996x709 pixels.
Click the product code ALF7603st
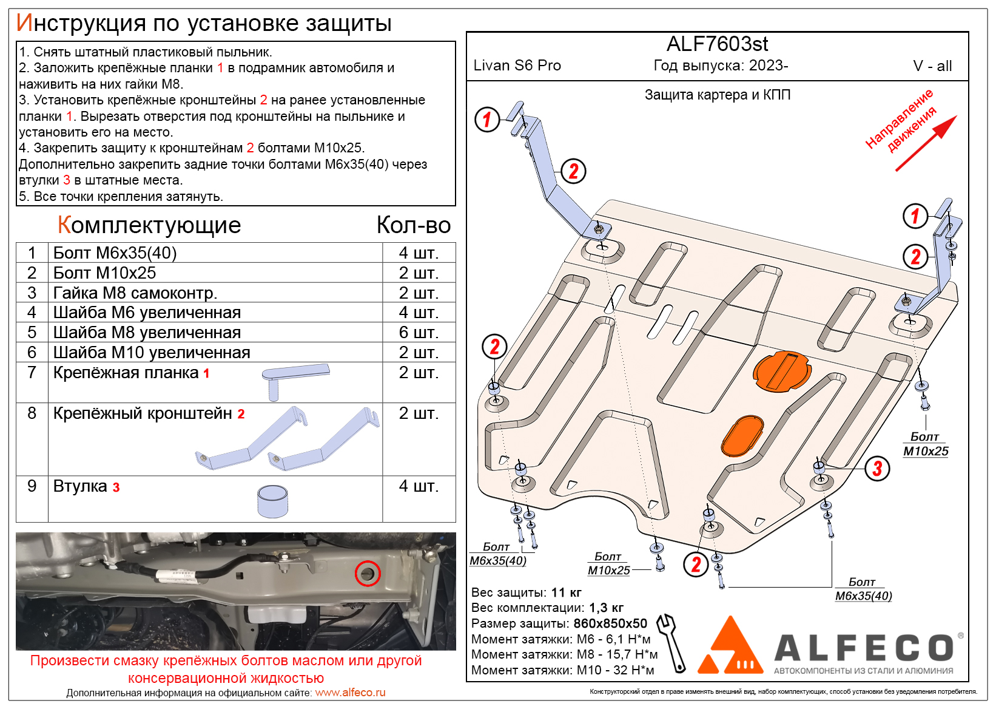pos(717,44)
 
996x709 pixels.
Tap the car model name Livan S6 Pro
pos(517,66)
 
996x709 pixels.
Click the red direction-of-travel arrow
pos(926,143)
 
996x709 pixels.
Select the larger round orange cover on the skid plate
pos(781,371)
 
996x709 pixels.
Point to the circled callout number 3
pos(877,468)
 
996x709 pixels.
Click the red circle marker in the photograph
pos(368,573)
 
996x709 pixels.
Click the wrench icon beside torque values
pos(672,642)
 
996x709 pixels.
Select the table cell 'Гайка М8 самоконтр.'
pos(135,293)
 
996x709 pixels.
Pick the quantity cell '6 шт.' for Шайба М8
pos(419,333)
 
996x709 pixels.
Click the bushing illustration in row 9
pos(272,501)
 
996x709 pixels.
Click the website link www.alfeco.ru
pos(350,693)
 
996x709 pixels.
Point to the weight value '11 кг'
pos(566,592)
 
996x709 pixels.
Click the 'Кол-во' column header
pos(413,225)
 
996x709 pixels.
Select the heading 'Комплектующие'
pos(149,225)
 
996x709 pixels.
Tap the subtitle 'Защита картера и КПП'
pos(717,95)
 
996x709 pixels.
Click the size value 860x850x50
pos(610,623)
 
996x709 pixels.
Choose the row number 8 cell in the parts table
pos(32,413)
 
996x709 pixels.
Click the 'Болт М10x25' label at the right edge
pos(925,444)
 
